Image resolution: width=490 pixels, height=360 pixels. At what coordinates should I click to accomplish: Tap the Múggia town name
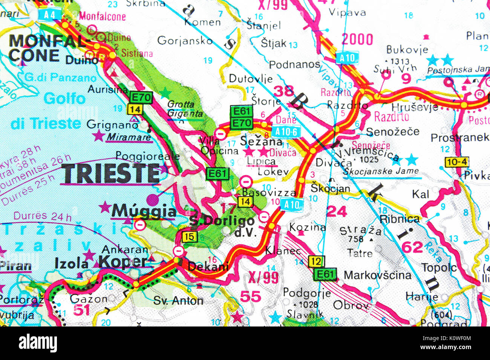click(x=144, y=211)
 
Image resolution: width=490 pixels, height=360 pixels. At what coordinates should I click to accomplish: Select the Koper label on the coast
click(x=122, y=262)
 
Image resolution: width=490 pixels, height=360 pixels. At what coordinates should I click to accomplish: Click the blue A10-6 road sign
click(x=286, y=131)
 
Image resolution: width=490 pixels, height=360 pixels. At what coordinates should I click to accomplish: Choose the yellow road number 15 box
click(x=189, y=237)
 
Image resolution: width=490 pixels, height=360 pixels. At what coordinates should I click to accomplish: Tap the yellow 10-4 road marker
click(x=456, y=162)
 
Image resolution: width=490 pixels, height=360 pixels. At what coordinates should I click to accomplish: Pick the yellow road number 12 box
click(x=316, y=261)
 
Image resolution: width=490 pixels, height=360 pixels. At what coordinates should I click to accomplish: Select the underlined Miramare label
click(x=128, y=137)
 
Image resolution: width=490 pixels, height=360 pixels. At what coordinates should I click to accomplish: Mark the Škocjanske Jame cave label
click(x=381, y=171)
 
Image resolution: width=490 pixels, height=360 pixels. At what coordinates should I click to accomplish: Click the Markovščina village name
click(x=377, y=275)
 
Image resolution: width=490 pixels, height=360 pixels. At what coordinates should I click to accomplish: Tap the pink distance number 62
click(x=412, y=247)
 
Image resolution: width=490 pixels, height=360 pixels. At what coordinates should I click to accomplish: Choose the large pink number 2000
click(x=357, y=40)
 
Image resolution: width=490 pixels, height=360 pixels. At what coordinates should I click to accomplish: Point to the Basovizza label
click(x=269, y=192)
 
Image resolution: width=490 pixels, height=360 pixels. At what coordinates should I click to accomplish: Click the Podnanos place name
click(x=294, y=65)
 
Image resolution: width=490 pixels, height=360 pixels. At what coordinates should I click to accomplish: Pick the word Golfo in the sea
click(x=64, y=99)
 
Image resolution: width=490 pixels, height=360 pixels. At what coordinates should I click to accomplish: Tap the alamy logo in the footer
click(x=38, y=343)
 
